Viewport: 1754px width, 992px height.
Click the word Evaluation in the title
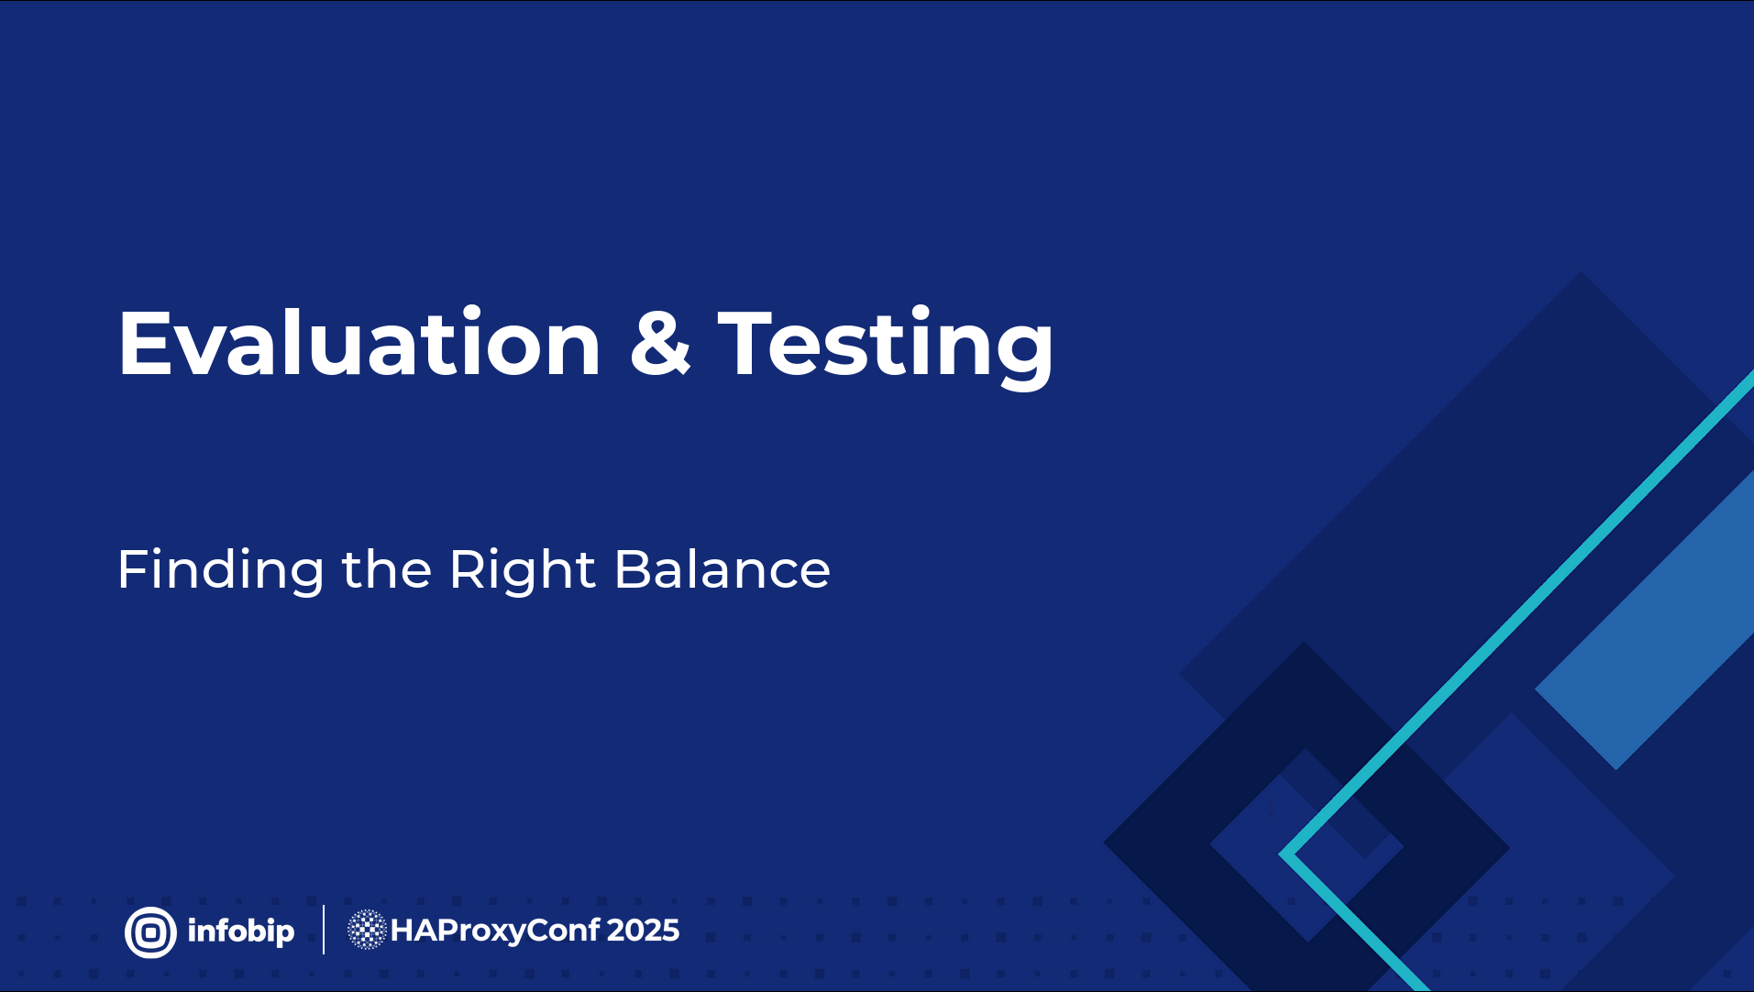click(x=359, y=343)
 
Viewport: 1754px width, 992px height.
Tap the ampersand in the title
click(x=660, y=342)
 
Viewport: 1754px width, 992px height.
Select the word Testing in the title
click(x=886, y=347)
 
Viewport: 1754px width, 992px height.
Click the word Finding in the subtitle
click(x=221, y=570)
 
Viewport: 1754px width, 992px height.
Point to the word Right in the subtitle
click(x=523, y=570)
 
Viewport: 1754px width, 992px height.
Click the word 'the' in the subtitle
click(x=387, y=568)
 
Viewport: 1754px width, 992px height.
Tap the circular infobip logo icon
click(x=150, y=932)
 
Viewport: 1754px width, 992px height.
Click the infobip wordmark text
click(x=241, y=931)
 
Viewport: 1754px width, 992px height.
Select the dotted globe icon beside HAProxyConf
click(x=367, y=930)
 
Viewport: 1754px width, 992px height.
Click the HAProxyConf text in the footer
click(x=495, y=931)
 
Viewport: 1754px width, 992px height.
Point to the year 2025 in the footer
click(x=643, y=931)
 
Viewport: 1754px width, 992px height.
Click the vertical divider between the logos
click(x=324, y=930)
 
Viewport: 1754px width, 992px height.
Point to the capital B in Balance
click(x=636, y=569)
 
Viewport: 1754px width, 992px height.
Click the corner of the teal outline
click(x=1284, y=854)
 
